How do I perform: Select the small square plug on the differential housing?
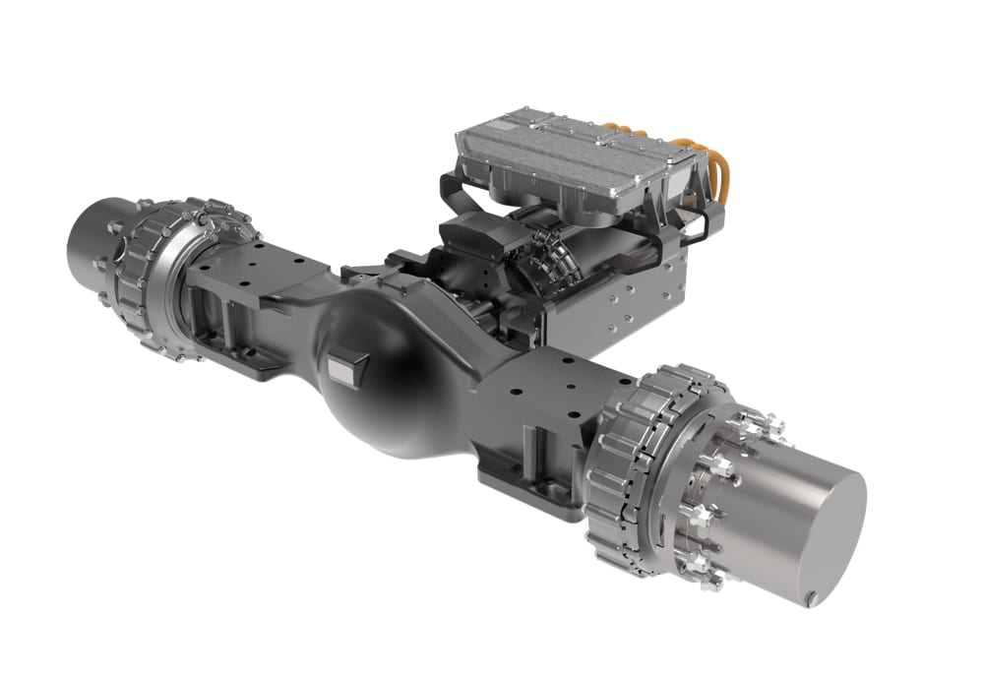pyautogui.click(x=345, y=369)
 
